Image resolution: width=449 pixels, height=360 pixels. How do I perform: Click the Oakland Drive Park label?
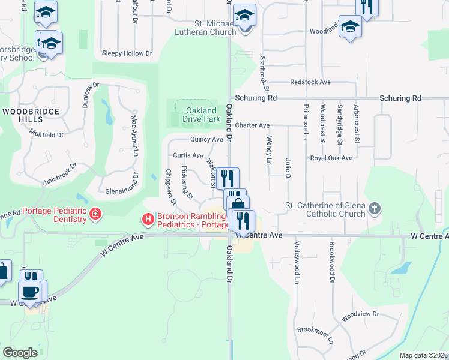tap(200, 115)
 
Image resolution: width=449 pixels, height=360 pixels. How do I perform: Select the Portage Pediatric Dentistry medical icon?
tap(94, 214)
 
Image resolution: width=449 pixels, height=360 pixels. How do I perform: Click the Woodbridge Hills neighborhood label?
tap(31, 116)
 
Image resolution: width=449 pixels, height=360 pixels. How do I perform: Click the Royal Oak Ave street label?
tap(331, 158)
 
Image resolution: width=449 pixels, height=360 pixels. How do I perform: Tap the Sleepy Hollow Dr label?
tap(127, 53)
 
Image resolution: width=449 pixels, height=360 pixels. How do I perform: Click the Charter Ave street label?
tap(252, 125)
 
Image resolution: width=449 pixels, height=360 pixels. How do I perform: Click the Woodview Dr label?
tap(360, 314)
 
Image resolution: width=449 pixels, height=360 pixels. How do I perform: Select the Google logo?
tap(20, 353)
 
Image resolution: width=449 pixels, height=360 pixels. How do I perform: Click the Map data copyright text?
tap(424, 355)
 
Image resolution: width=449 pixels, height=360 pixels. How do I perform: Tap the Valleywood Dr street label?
tap(296, 263)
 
